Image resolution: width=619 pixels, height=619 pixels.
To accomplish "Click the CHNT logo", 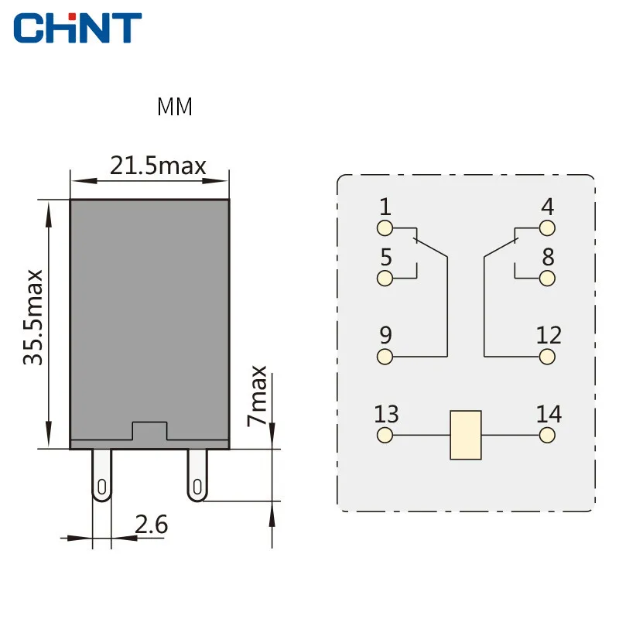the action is [x=77, y=28].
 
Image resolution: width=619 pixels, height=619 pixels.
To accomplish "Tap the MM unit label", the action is [x=175, y=107].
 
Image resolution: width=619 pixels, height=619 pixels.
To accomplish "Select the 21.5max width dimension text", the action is [x=158, y=166].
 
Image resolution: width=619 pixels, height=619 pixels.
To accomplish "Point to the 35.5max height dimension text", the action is [x=33, y=317].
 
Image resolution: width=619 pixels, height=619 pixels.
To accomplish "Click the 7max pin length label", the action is [x=257, y=396].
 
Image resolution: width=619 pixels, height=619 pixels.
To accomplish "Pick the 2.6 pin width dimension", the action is [x=152, y=525].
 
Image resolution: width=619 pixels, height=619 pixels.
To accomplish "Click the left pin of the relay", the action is [x=102, y=475].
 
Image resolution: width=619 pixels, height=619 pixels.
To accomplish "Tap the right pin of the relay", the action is [x=197, y=475].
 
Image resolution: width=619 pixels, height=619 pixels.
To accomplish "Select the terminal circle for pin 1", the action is [x=385, y=228].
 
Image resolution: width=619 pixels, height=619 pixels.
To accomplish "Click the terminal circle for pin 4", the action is [x=547, y=228].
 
